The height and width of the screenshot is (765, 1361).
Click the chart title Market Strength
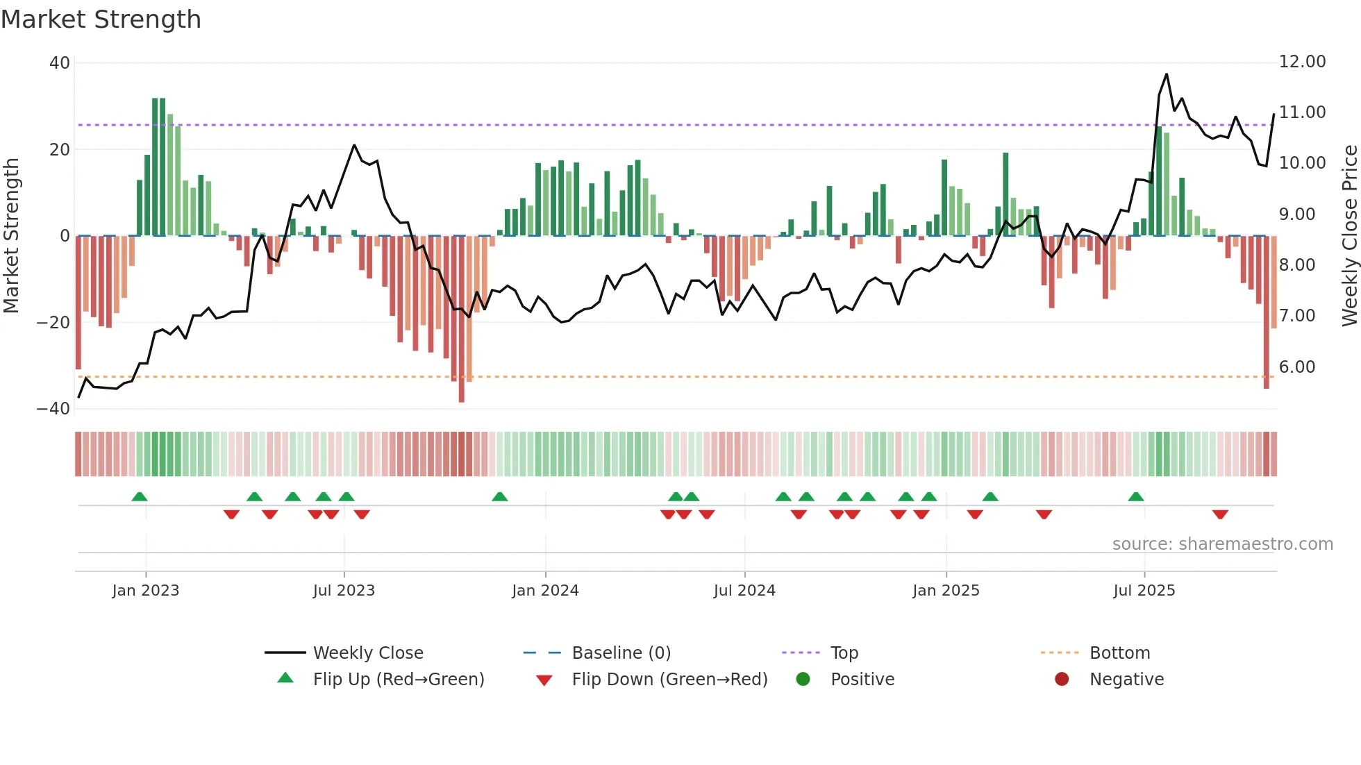coord(101,19)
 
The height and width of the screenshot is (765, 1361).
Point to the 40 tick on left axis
coord(60,63)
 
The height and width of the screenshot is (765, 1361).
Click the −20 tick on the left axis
coord(53,323)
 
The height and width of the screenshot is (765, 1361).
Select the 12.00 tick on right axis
coord(1302,62)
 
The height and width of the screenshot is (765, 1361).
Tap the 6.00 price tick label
coord(1297,367)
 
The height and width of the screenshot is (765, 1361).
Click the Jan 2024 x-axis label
coord(545,591)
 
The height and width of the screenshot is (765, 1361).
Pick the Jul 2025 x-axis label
coord(1144,591)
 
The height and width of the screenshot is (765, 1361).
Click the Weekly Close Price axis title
coord(1349,236)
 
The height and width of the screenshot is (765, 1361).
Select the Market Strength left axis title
coord(12,236)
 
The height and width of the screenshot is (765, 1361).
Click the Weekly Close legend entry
coord(367,653)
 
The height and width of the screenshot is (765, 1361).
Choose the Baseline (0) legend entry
coord(621,653)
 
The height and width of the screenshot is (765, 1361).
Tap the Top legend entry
coord(844,653)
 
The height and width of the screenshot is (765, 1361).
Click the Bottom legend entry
coord(1119,653)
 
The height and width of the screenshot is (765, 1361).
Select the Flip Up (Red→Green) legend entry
coord(398,680)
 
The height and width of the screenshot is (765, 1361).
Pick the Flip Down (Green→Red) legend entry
coord(669,680)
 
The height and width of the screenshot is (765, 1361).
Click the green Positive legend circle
coord(803,680)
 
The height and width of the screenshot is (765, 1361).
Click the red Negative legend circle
coord(1062,680)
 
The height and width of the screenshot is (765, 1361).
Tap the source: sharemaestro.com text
coord(1222,544)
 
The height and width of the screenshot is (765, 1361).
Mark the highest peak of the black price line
coord(1167,74)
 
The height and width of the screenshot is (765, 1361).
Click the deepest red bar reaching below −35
coord(461,389)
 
